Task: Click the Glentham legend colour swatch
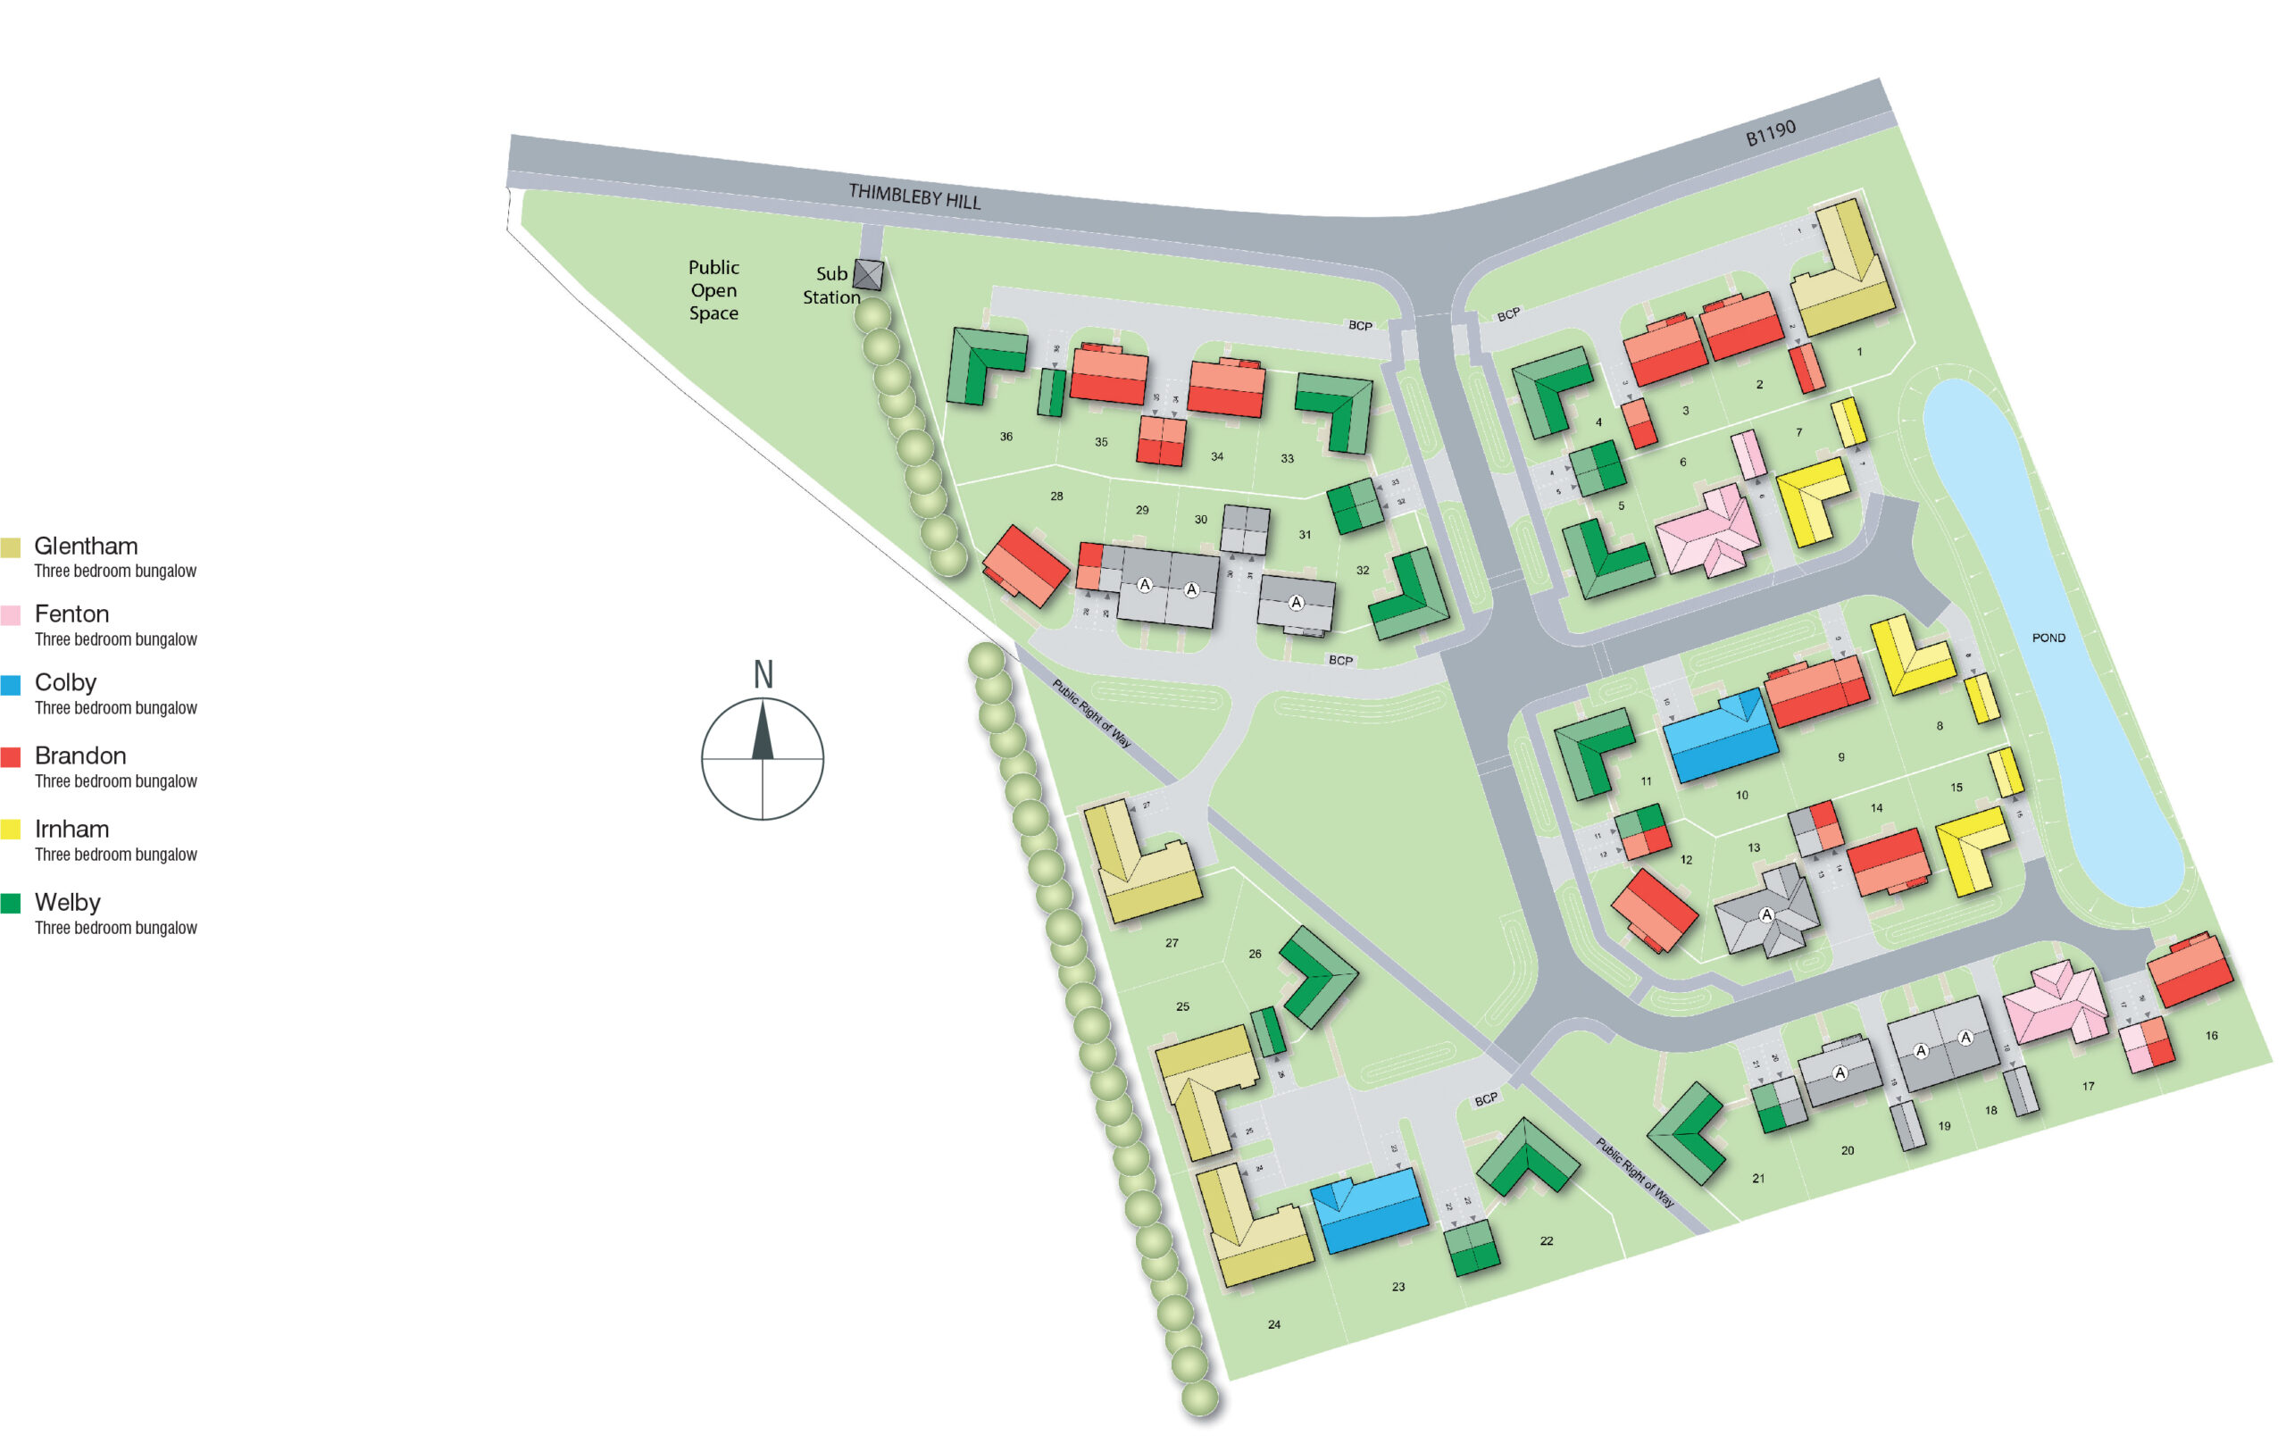11,547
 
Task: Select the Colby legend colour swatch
11,685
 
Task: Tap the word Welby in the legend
67,901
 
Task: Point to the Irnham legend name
71,828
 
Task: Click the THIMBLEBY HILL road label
914,196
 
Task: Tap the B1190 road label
1771,133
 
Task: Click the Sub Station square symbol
868,274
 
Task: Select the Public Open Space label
713,289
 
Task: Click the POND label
2048,638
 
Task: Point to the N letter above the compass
763,674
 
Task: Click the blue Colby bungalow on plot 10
1719,737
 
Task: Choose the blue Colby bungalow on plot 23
1369,1210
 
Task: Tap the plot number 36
1005,437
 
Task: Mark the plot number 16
2211,1035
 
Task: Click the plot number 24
1274,1323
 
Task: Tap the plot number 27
1172,943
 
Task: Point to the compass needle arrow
763,731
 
